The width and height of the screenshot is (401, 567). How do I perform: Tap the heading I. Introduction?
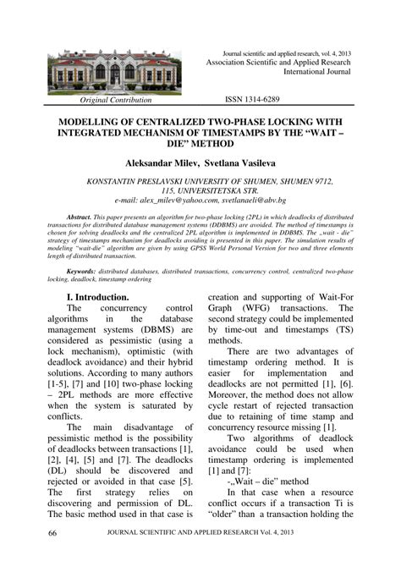pyautogui.click(x=97, y=297)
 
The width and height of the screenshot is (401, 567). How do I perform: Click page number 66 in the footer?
pyautogui.click(x=52, y=534)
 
